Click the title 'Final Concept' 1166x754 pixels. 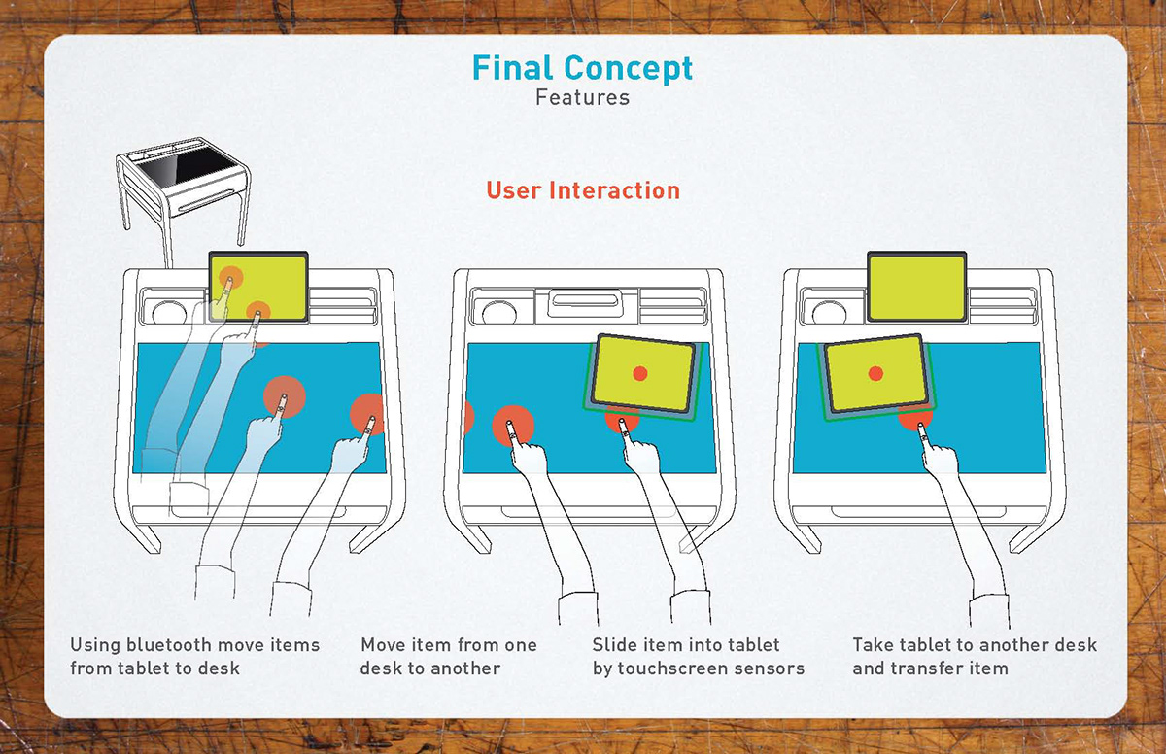(582, 68)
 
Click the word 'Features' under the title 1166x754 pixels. (582, 98)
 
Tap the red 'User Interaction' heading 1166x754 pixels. (583, 190)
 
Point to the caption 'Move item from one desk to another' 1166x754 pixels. (448, 656)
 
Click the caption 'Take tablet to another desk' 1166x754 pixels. (975, 645)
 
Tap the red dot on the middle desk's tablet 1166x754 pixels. (639, 373)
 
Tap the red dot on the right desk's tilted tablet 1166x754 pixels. (875, 373)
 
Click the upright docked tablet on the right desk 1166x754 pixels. (916, 287)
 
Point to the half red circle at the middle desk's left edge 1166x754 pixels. (467, 418)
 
